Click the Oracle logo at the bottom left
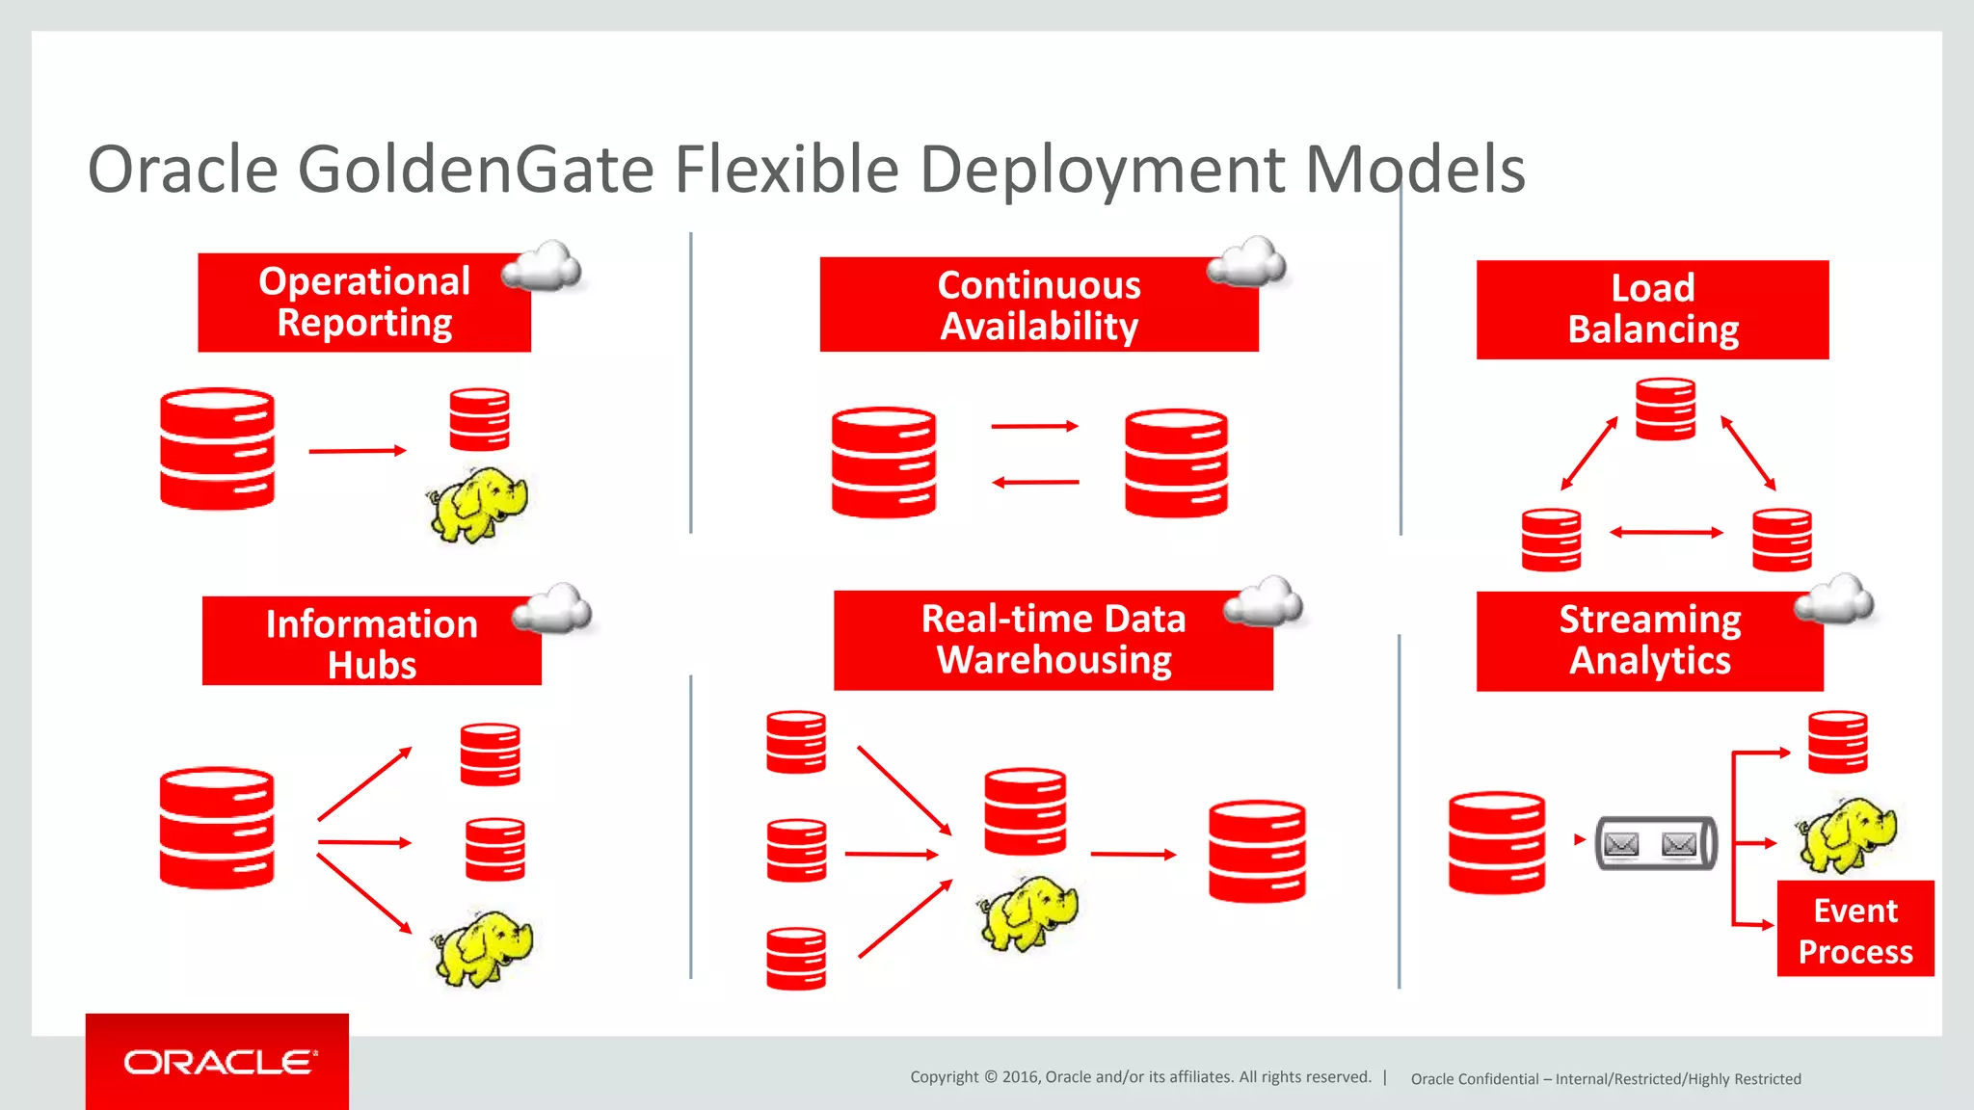click(218, 1062)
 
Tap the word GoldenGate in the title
click(477, 170)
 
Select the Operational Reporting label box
click(363, 303)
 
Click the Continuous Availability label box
click(1038, 304)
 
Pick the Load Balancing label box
click(1652, 309)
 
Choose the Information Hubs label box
click(371, 643)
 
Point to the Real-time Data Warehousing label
click(1053, 640)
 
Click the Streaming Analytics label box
click(1649, 641)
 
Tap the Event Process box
click(1854, 930)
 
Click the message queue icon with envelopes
click(1655, 844)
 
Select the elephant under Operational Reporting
click(478, 504)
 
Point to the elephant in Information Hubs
click(483, 947)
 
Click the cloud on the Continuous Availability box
click(1247, 262)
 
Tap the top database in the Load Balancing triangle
click(1665, 410)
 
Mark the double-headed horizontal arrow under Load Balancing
click(1666, 532)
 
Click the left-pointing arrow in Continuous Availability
click(1035, 482)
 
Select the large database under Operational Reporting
click(217, 449)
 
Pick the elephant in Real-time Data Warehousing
click(1028, 912)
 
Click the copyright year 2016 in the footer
click(1021, 1077)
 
